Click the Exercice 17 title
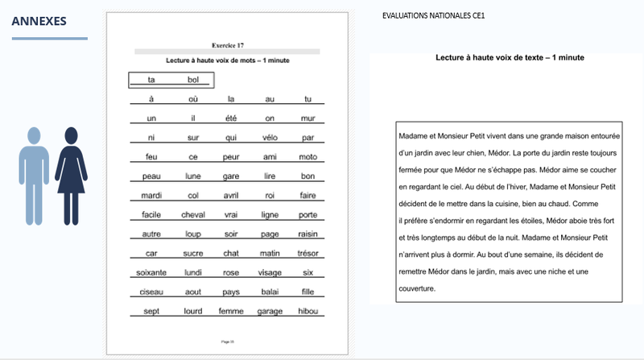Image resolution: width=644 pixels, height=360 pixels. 227,46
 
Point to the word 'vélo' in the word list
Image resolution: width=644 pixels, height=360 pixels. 270,137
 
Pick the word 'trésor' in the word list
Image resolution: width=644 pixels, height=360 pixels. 308,253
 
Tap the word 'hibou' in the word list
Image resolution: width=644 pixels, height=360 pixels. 308,311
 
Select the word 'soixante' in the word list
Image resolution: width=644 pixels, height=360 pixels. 151,272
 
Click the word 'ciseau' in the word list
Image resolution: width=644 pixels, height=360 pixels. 151,292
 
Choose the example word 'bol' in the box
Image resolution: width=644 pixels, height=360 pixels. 193,80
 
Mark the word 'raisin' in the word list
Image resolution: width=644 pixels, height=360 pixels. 308,234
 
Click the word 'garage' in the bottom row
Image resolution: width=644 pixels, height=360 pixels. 270,311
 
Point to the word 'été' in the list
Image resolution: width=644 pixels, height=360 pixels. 231,118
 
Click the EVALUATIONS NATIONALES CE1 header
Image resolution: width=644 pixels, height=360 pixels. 433,15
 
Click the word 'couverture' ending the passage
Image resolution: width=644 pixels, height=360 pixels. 417,288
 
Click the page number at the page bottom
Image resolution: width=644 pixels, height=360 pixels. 227,341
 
